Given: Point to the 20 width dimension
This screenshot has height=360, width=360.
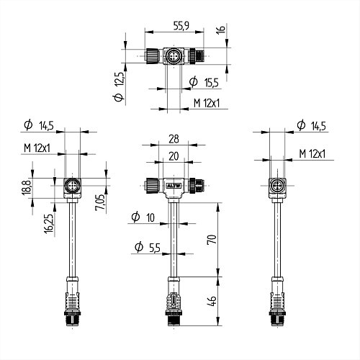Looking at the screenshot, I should pos(174,155).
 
